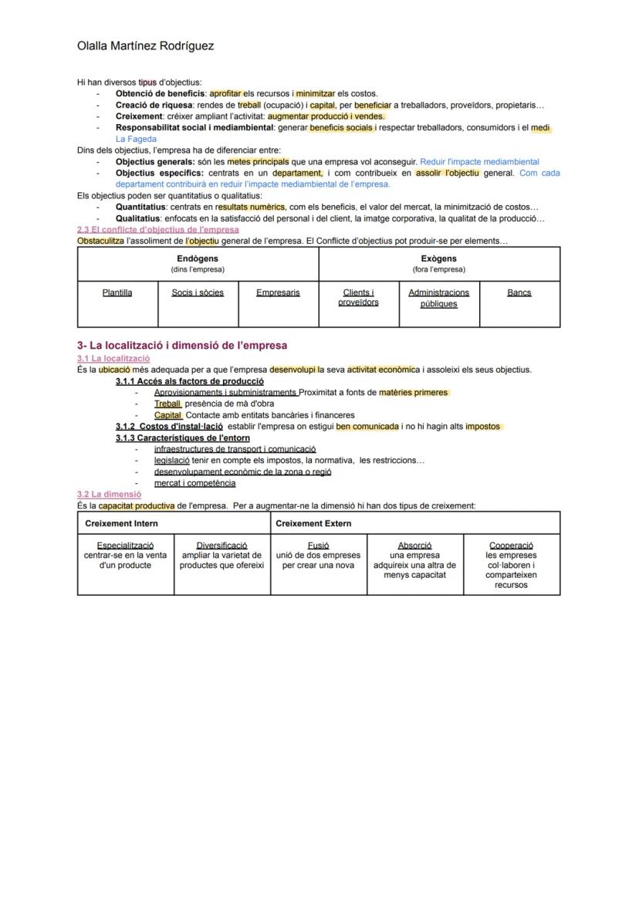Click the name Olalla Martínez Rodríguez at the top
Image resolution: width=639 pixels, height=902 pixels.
click(x=145, y=46)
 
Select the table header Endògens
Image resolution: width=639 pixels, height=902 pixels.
click(x=198, y=258)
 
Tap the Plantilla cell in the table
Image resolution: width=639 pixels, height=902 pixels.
click(x=117, y=292)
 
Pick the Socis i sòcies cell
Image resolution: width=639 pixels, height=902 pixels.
click(x=198, y=292)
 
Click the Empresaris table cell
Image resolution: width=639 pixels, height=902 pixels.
click(x=278, y=292)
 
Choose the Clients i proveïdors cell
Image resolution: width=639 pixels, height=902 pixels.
click(x=358, y=297)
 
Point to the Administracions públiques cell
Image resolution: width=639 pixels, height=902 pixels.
click(x=438, y=298)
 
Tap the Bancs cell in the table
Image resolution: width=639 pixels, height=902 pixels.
click(x=519, y=292)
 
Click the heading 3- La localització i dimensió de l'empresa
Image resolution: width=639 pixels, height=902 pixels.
click(x=182, y=345)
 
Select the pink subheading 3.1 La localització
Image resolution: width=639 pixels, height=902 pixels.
click(x=113, y=359)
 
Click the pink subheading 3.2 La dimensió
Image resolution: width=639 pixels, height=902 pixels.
click(x=109, y=494)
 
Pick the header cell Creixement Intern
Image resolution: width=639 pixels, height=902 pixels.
click(x=121, y=523)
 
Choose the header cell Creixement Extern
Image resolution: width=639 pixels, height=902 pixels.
click(x=313, y=523)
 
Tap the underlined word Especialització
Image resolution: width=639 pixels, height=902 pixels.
click(x=125, y=546)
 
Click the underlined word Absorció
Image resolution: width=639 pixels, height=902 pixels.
click(x=414, y=546)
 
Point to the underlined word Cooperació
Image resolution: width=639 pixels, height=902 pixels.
click(x=511, y=546)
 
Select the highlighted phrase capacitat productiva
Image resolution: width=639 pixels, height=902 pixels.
click(x=137, y=506)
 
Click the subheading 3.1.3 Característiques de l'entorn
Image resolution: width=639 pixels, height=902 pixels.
click(x=183, y=437)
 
